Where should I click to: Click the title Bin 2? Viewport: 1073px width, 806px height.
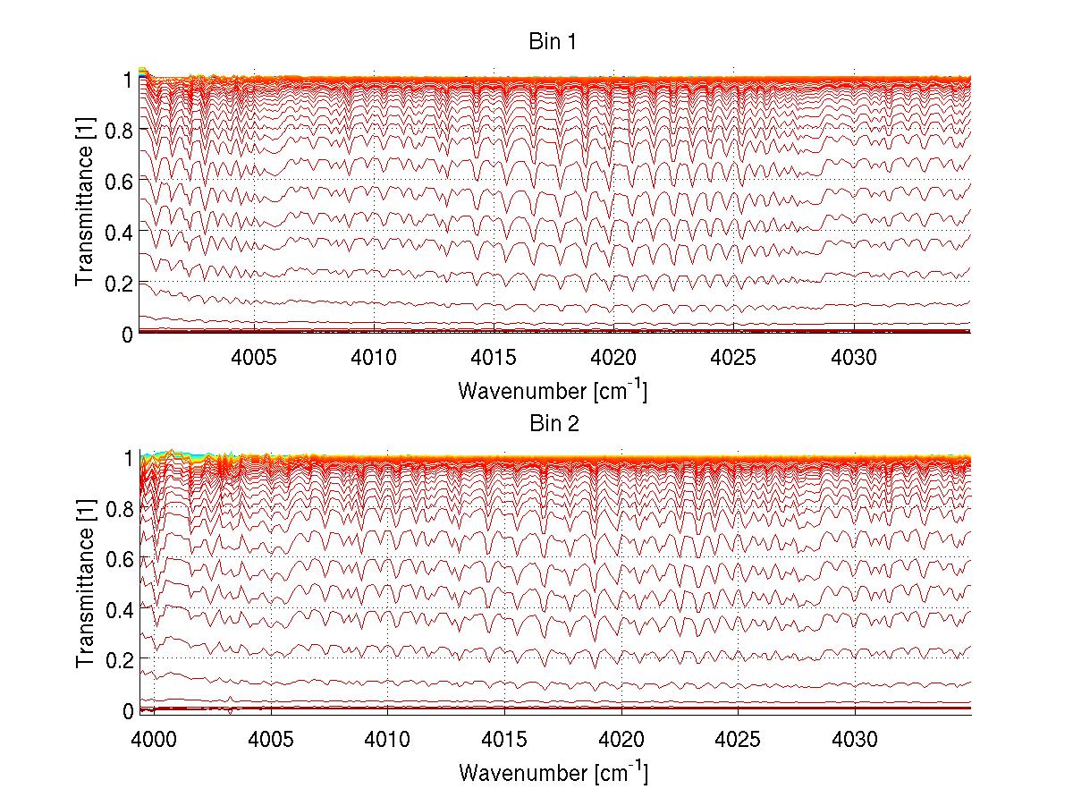click(553, 424)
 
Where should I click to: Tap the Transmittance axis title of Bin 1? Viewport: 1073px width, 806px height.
click(86, 206)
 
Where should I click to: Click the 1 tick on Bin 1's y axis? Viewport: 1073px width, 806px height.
click(128, 80)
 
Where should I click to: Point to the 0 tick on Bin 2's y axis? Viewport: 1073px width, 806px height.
click(128, 710)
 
